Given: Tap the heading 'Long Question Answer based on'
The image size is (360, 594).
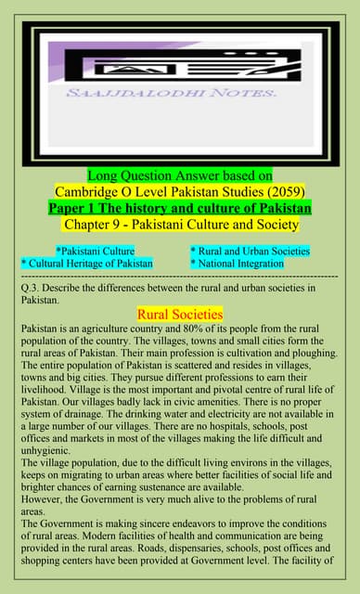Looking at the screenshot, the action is point(180,175).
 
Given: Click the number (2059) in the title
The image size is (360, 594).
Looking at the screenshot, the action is point(282,191).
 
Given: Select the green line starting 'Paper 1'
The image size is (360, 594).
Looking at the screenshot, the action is point(180,207).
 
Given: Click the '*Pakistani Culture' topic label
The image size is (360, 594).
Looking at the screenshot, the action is point(96,251).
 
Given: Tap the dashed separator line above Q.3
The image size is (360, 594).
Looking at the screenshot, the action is point(180,277).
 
